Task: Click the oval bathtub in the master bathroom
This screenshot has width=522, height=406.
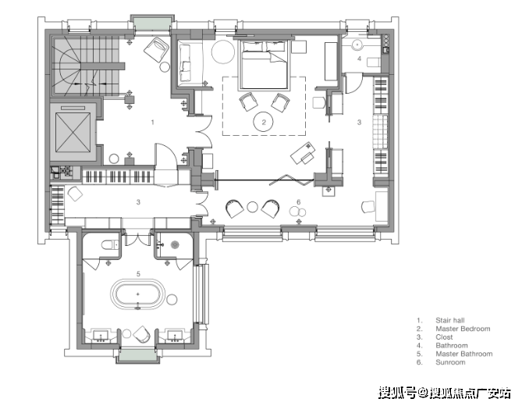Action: (x=137, y=294)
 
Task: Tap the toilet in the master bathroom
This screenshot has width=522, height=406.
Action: (x=109, y=245)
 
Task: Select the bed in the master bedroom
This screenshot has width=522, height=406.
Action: (x=263, y=65)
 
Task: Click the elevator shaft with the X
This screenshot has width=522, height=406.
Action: (x=73, y=132)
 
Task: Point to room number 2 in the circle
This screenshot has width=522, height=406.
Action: (x=264, y=123)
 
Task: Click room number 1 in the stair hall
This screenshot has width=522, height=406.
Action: (x=152, y=123)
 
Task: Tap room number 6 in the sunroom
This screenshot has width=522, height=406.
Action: (x=298, y=202)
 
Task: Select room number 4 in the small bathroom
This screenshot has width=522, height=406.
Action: (x=359, y=59)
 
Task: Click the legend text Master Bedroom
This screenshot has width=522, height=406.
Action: (x=463, y=329)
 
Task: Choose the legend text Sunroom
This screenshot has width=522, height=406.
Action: (x=450, y=362)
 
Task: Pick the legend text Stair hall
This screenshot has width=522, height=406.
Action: (x=449, y=320)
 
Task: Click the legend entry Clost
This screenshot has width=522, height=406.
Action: (x=444, y=337)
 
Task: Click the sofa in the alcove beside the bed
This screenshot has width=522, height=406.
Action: (x=185, y=63)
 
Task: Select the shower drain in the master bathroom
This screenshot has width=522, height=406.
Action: (x=175, y=245)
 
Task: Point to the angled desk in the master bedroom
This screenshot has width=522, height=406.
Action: (x=304, y=153)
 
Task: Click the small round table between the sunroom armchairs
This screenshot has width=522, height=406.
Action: (x=252, y=207)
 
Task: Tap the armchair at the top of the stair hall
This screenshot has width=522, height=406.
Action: (x=157, y=50)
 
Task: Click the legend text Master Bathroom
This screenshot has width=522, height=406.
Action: (x=463, y=354)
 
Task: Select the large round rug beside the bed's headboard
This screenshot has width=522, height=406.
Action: (x=223, y=52)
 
